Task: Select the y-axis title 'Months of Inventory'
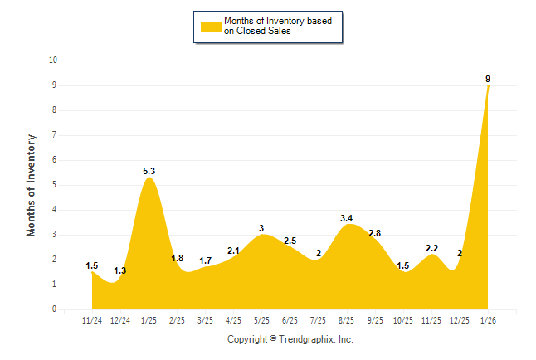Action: point(32,185)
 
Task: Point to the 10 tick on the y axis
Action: point(53,61)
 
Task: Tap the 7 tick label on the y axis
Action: point(54,135)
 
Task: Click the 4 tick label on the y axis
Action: point(54,210)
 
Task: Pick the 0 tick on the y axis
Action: point(54,309)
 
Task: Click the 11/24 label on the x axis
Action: point(92,320)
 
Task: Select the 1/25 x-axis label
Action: point(149,320)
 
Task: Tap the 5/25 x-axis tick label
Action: point(261,320)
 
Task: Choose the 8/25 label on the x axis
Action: point(346,320)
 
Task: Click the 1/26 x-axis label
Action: point(487,320)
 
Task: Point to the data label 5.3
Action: point(149,172)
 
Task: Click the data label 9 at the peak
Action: point(488,80)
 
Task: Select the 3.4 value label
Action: point(346,219)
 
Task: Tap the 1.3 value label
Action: point(120,271)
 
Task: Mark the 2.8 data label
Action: point(374,234)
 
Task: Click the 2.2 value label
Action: point(431,249)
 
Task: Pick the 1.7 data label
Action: point(205,261)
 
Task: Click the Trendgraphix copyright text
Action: point(290,340)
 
